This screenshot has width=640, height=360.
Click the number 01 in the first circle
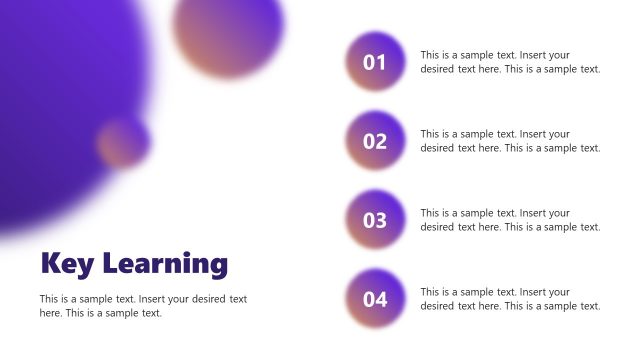tap(374, 63)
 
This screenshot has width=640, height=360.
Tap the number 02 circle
tap(374, 141)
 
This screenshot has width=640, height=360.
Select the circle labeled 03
tap(374, 220)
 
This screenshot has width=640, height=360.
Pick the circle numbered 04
tap(374, 299)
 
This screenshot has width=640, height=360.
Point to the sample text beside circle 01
tap(510, 62)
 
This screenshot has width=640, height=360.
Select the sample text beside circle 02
tap(510, 141)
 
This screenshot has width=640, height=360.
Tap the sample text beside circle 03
tap(510, 220)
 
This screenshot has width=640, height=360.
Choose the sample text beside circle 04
tap(510, 299)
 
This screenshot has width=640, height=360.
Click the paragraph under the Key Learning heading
tap(143, 306)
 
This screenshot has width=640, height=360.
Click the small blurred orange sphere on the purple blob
tap(124, 141)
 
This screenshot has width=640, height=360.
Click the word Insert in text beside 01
tap(536, 55)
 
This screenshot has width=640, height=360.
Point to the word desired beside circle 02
tap(437, 148)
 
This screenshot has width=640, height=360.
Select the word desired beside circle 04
tap(437, 306)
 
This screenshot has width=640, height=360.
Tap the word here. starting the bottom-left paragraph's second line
tap(51, 313)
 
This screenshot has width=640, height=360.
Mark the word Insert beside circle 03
tap(536, 213)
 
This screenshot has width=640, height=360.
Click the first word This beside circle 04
tap(431, 292)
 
